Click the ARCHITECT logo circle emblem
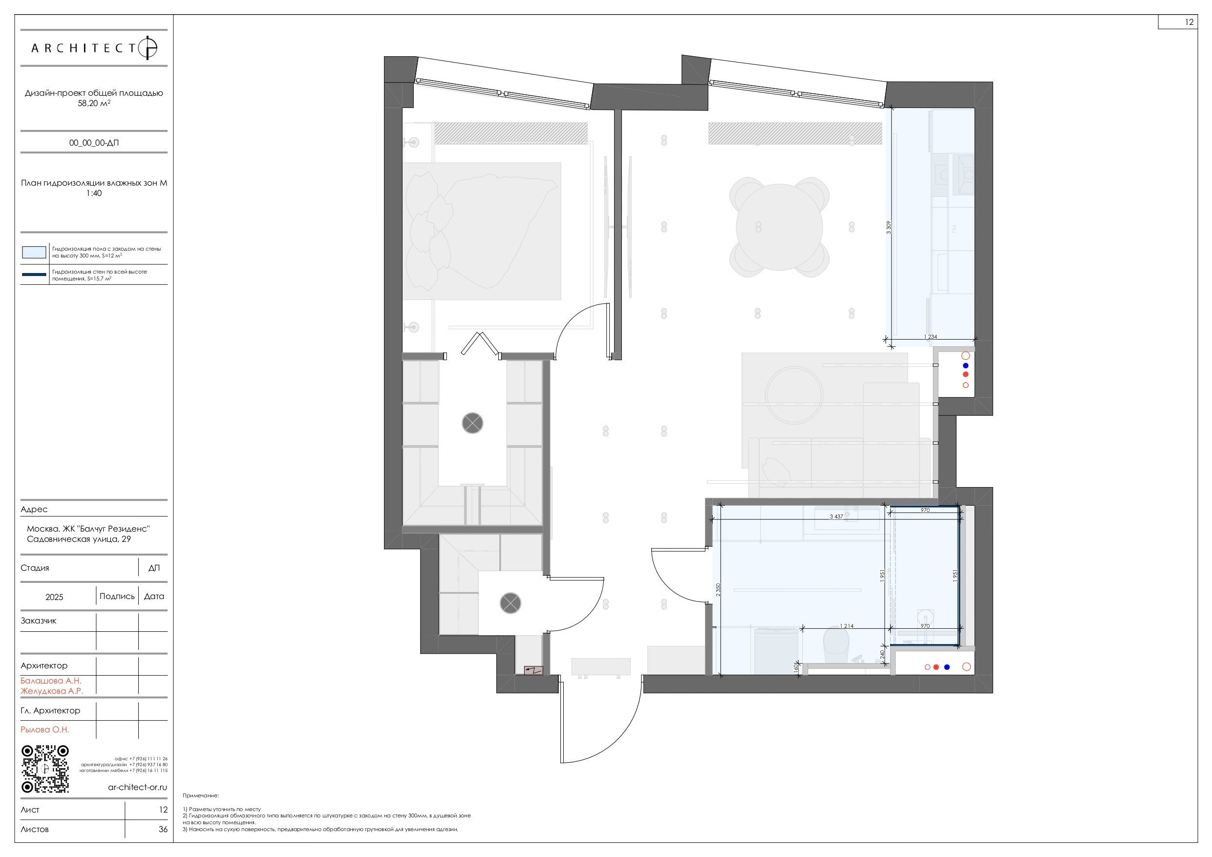pos(148,48)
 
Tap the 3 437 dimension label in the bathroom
pos(836,516)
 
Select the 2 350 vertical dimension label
pos(718,590)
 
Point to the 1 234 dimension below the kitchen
pos(930,336)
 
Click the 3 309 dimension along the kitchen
pos(889,228)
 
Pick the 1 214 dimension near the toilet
pos(846,626)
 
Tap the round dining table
pos(779,227)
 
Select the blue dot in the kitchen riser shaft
pos(965,365)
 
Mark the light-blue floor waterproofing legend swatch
pos(34,252)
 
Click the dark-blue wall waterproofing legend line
pos(34,275)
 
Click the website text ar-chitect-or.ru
pos(137,787)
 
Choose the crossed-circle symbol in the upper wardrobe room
pos(472,423)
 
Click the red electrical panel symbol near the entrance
pos(533,671)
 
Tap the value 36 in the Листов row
pos(163,829)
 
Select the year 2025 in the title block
pos(54,597)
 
